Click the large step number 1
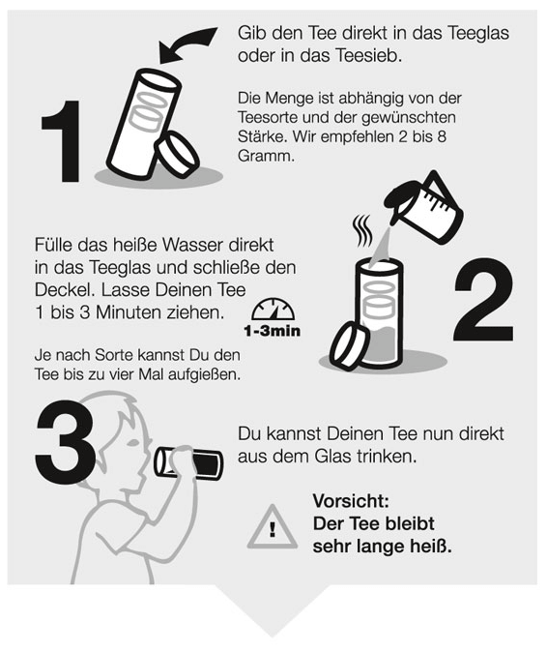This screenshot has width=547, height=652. [63, 141]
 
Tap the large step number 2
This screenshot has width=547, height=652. [483, 300]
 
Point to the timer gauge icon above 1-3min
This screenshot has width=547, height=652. [273, 311]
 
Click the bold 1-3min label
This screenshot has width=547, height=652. [272, 331]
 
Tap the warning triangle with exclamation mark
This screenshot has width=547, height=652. [272, 527]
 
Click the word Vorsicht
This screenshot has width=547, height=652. [351, 501]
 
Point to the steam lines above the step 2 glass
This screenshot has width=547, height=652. [362, 231]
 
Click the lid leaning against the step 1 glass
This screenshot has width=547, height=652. [177, 154]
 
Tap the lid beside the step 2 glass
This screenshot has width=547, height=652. [349, 346]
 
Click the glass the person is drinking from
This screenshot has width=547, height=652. [189, 462]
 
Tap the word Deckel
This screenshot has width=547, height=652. [65, 290]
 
